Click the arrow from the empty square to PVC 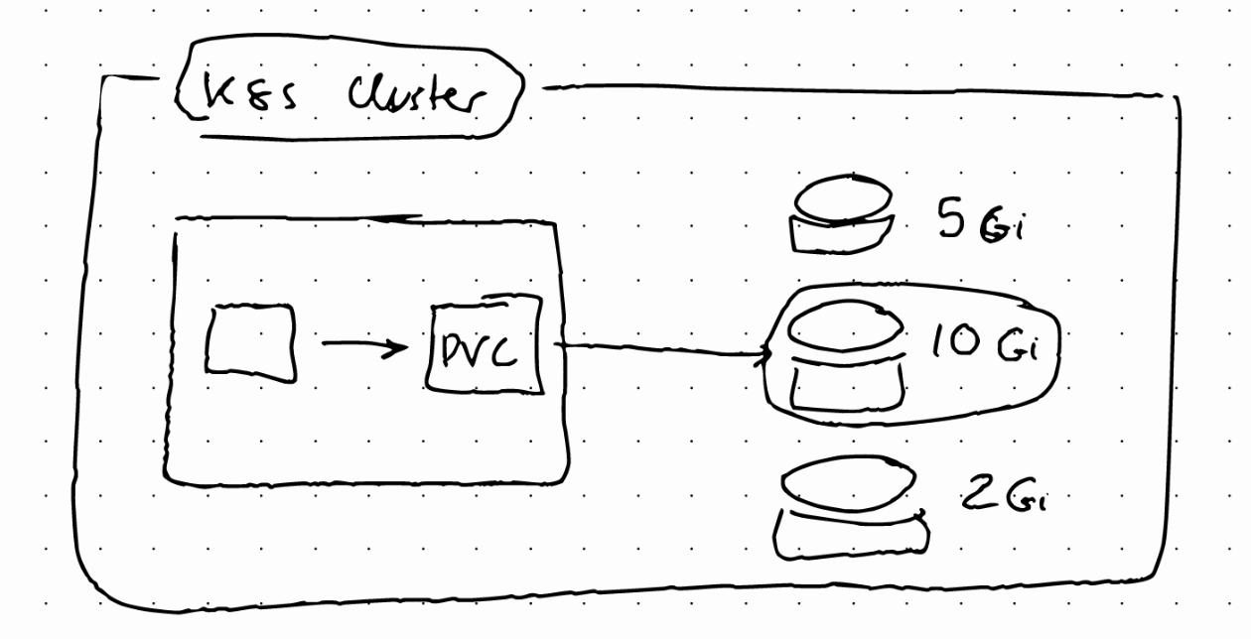(x=363, y=346)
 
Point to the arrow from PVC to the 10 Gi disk (x=660, y=348)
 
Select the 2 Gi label (x=1004, y=497)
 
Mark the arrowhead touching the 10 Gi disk (x=766, y=355)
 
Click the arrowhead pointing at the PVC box (x=400, y=347)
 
